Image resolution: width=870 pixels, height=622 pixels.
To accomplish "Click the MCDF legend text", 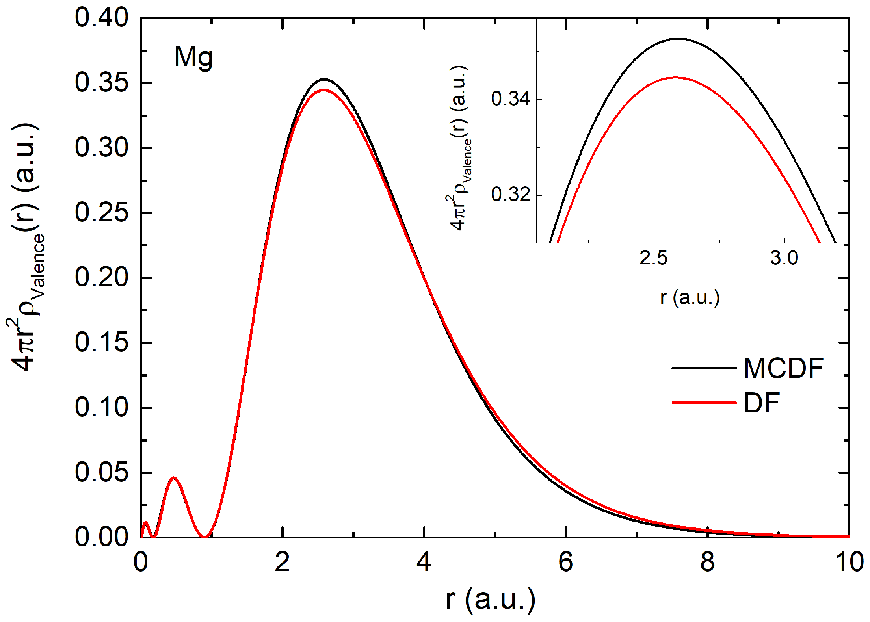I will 783,369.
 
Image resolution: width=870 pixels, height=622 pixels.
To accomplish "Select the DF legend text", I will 761,403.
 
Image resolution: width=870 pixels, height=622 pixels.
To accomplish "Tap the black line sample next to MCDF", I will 704,368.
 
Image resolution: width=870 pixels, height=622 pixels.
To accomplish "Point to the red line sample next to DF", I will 704,403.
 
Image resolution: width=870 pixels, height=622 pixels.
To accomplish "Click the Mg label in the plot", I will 193,58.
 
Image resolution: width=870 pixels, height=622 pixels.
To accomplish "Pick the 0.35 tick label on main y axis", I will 102,83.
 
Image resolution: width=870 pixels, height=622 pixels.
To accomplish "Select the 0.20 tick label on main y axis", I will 102,277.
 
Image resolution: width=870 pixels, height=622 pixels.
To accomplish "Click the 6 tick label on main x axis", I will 566,563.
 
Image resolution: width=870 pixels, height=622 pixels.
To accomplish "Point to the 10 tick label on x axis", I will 849,563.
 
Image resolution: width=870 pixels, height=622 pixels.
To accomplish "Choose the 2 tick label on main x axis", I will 282,563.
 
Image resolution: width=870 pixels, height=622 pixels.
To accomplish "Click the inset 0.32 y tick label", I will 511,195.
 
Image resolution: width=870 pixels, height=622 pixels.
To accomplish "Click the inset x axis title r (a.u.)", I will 690,297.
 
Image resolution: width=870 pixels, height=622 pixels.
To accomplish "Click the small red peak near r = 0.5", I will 174,478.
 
